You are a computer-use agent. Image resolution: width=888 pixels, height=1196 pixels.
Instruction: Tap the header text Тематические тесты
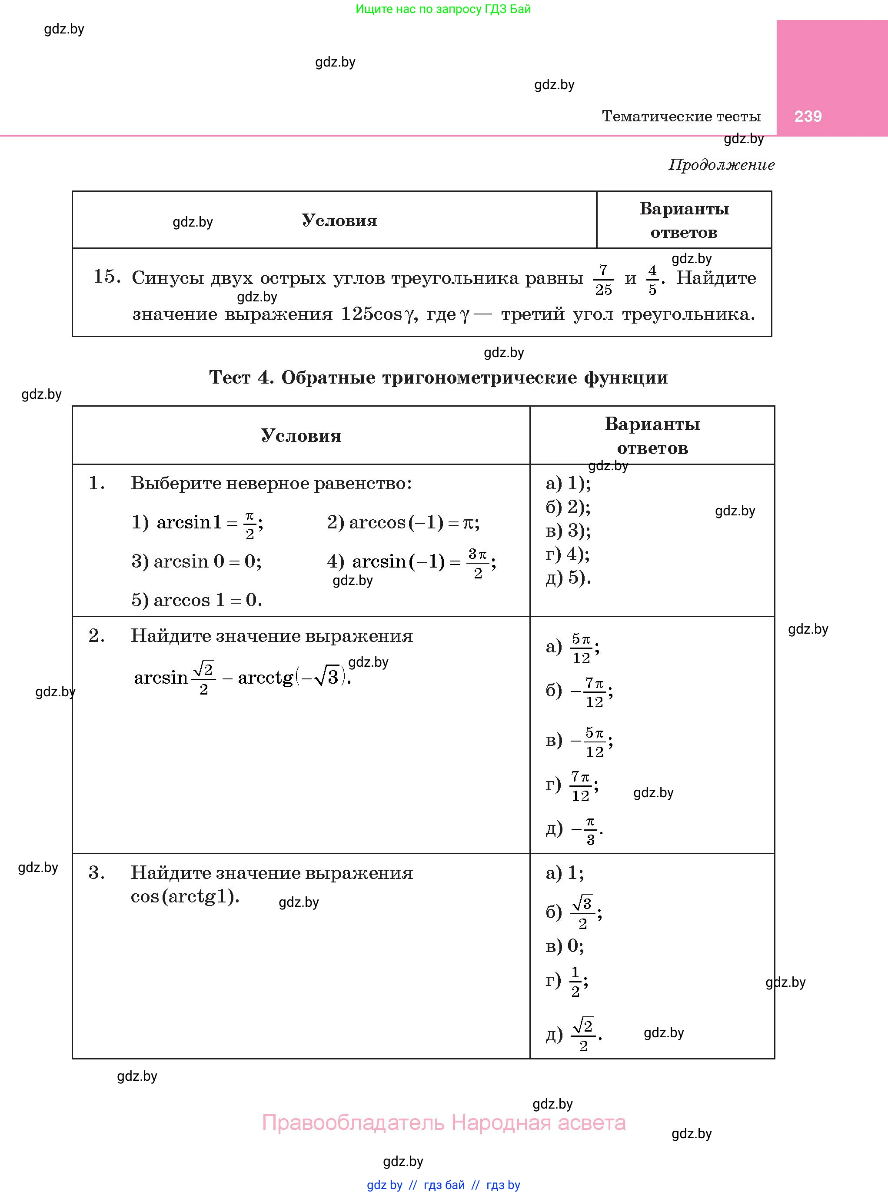681,116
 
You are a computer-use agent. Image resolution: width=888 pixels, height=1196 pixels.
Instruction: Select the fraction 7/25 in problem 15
603,279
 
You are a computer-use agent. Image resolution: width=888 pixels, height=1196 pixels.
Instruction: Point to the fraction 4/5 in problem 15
652,279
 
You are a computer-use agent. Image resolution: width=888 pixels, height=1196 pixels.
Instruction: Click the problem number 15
106,277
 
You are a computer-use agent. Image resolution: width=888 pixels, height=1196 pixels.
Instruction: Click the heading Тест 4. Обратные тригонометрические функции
438,378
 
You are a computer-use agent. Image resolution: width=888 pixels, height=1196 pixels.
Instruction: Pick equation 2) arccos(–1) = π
403,522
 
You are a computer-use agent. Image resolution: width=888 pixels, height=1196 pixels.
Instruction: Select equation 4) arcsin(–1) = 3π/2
411,562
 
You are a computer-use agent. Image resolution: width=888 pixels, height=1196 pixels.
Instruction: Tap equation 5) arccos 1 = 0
197,600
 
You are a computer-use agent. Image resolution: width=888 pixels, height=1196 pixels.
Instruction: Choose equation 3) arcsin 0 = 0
197,561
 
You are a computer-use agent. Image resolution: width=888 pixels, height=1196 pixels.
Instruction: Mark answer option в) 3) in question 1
568,531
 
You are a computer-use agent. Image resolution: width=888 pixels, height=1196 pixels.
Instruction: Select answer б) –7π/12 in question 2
579,691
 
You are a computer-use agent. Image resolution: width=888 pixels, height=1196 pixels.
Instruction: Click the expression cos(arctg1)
185,896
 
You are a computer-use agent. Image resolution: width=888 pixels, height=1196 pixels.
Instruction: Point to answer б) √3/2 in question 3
574,912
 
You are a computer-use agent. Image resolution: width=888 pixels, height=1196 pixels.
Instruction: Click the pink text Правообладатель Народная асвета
443,1123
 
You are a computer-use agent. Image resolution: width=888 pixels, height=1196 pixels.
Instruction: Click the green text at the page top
443,9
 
